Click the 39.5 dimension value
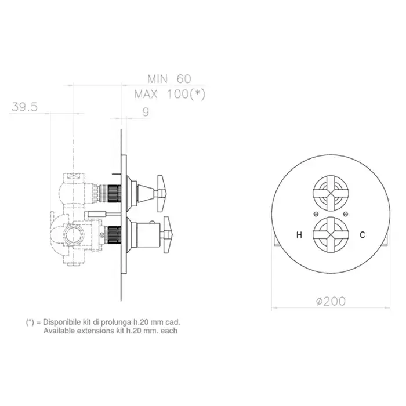pyautogui.click(x=24, y=107)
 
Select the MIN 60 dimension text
pyautogui.click(x=169, y=79)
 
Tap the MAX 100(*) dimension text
pyautogui.click(x=170, y=94)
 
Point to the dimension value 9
pyautogui.click(x=146, y=112)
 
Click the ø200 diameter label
pyautogui.click(x=331, y=301)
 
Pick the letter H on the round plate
pyautogui.click(x=299, y=235)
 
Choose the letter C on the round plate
pyautogui.click(x=362, y=235)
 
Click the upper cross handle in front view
pyautogui.click(x=331, y=193)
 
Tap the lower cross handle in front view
pyautogui.click(x=331, y=235)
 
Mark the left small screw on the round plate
pyautogui.click(x=316, y=214)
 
